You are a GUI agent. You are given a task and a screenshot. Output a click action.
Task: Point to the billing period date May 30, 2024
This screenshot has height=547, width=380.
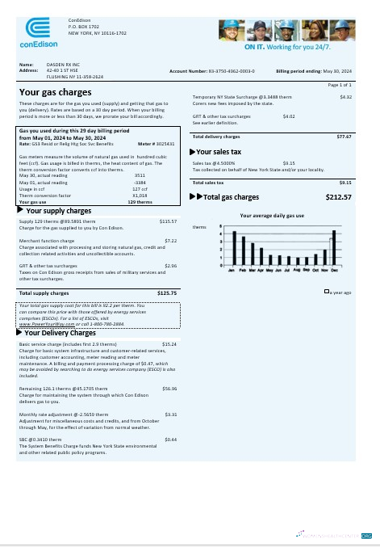tap(339, 71)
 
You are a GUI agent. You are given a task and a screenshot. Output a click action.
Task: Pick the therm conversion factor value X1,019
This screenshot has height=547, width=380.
tap(140, 195)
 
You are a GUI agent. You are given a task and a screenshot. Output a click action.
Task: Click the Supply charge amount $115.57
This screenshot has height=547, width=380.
tap(168, 221)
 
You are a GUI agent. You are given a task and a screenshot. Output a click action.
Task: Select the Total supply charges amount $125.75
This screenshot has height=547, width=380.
tap(167, 292)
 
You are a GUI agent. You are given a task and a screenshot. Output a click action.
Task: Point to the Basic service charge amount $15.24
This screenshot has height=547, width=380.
tap(169, 344)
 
